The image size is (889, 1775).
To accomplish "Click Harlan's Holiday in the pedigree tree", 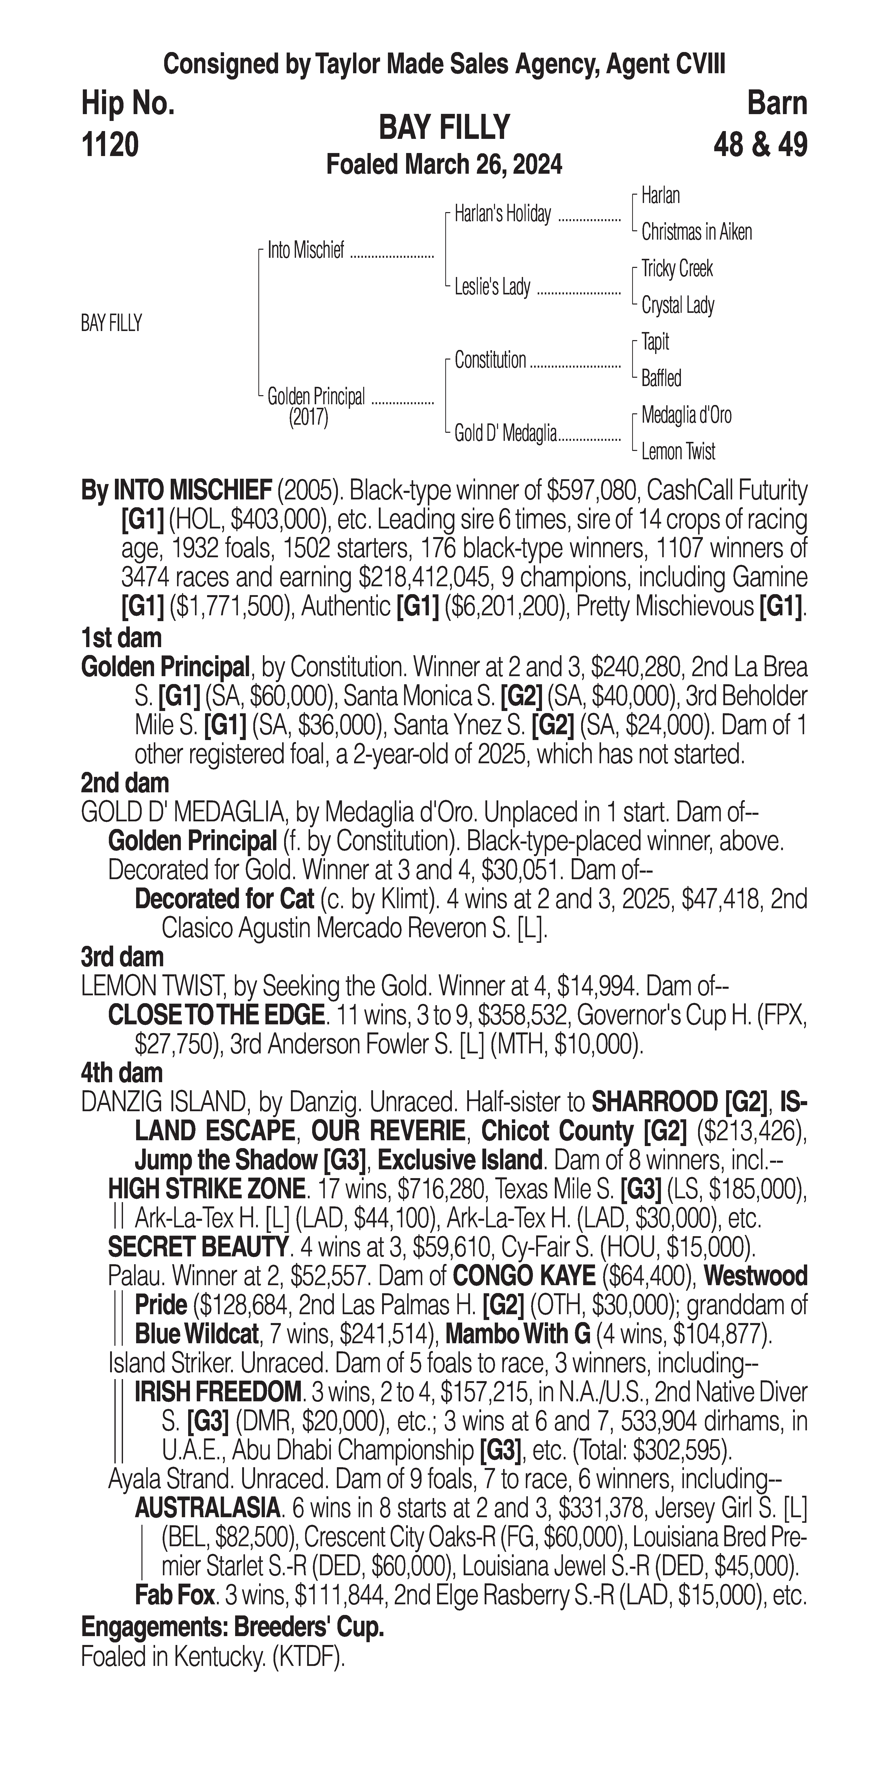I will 502,215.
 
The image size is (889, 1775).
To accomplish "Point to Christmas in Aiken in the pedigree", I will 696,232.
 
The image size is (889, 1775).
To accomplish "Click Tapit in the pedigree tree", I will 655,342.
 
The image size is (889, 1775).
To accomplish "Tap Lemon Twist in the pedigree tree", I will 678,452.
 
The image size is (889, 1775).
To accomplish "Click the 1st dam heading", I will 121,638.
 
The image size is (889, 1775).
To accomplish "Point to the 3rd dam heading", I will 123,957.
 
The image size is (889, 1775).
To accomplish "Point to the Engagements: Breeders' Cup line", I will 232,1628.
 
